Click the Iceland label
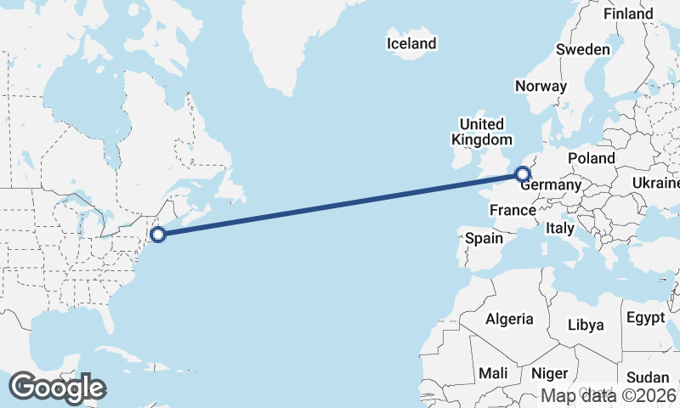click(411, 43)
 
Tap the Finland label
click(628, 14)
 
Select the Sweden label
click(583, 49)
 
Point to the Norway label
click(541, 86)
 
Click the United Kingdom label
click(482, 132)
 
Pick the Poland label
click(592, 158)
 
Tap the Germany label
click(552, 184)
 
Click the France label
click(513, 209)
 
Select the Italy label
click(560, 228)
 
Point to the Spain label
click(484, 238)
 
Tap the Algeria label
click(509, 319)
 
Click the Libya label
click(586, 325)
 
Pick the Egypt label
click(645, 318)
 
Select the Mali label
click(493, 372)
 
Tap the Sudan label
click(648, 377)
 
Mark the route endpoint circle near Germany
click(522, 175)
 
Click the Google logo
click(57, 388)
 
